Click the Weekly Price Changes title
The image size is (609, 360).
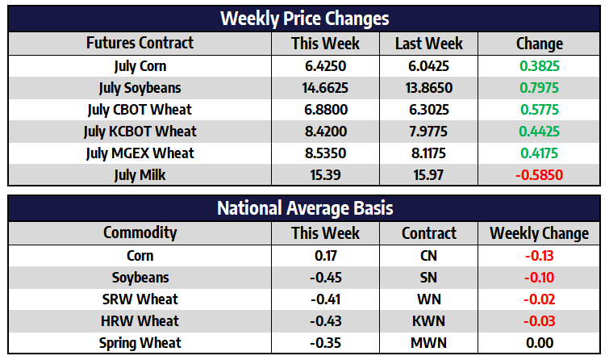pyautogui.click(x=305, y=19)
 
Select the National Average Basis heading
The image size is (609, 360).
pyautogui.click(x=305, y=208)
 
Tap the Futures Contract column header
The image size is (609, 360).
pyautogui.click(x=140, y=43)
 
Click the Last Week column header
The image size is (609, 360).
pyautogui.click(x=429, y=44)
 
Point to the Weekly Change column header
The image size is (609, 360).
pyautogui.click(x=539, y=233)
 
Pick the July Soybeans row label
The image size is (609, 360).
pyautogui.click(x=140, y=88)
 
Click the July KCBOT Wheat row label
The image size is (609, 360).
pyautogui.click(x=140, y=132)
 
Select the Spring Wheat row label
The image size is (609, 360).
pyautogui.click(x=140, y=343)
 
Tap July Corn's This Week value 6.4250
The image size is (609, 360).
pyautogui.click(x=326, y=66)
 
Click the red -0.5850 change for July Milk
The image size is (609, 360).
pyautogui.click(x=539, y=175)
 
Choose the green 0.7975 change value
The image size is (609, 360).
pyautogui.click(x=539, y=88)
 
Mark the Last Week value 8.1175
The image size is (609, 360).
pyautogui.click(x=429, y=153)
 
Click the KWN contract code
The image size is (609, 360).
pyautogui.click(x=429, y=321)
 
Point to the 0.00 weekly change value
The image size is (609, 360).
pyautogui.click(x=540, y=343)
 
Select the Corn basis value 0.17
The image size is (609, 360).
pyautogui.click(x=326, y=256)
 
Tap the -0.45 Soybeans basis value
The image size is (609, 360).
pyautogui.click(x=326, y=278)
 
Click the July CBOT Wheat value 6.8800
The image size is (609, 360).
pyautogui.click(x=326, y=110)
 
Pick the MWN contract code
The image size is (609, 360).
pyautogui.click(x=429, y=343)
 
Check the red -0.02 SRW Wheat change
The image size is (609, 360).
pyautogui.click(x=539, y=299)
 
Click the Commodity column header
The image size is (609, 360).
pyautogui.click(x=140, y=233)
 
